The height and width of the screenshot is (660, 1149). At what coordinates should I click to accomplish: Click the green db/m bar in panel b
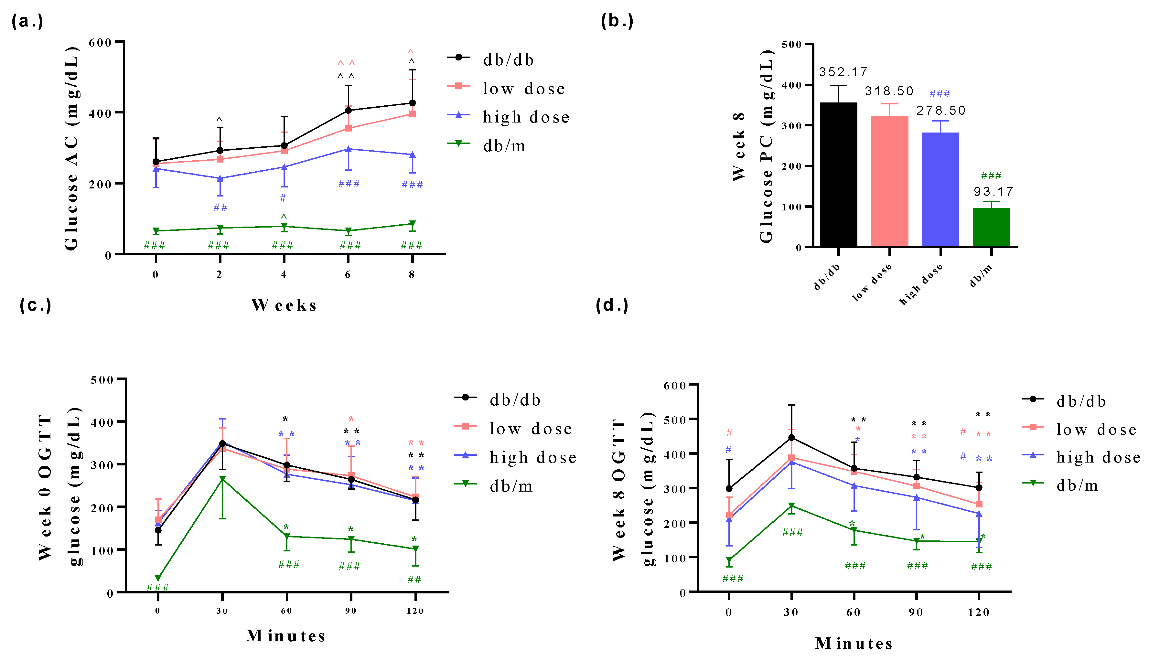[991, 227]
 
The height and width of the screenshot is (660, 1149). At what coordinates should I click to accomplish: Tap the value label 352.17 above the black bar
[843, 72]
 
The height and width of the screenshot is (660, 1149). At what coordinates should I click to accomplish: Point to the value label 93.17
[993, 191]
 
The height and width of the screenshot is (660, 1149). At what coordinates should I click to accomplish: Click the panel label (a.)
[27, 21]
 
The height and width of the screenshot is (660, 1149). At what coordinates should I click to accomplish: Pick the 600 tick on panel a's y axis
[100, 42]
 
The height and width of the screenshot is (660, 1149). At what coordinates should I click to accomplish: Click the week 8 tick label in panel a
[412, 274]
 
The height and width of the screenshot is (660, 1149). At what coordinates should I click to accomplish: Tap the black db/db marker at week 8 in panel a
[412, 103]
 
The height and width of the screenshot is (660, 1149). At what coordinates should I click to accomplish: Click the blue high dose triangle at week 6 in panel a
[348, 149]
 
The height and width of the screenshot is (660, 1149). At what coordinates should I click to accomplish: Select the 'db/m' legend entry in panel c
[511, 486]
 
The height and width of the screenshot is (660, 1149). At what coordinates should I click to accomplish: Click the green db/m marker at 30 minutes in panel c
[222, 479]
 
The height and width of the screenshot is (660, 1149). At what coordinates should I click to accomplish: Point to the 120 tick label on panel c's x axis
[415, 611]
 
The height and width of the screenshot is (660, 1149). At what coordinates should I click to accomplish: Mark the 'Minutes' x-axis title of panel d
[854, 643]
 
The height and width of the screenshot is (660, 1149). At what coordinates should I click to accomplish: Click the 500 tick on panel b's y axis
[792, 44]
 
